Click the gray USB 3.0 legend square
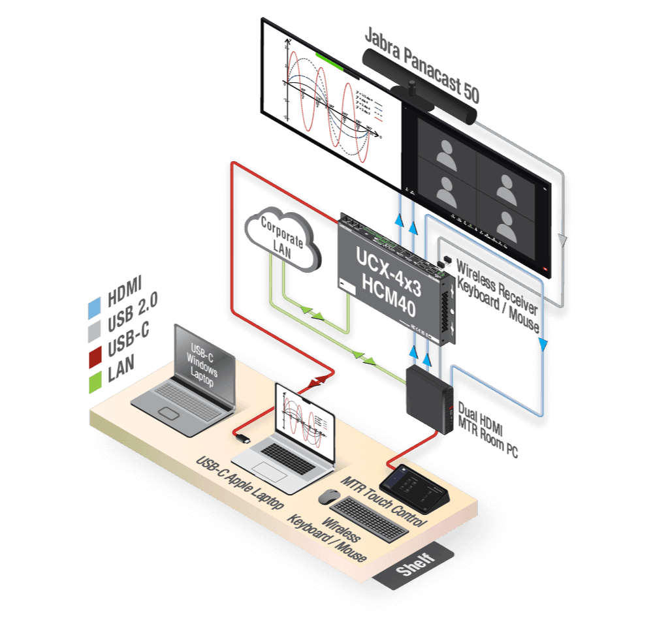[95, 330]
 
